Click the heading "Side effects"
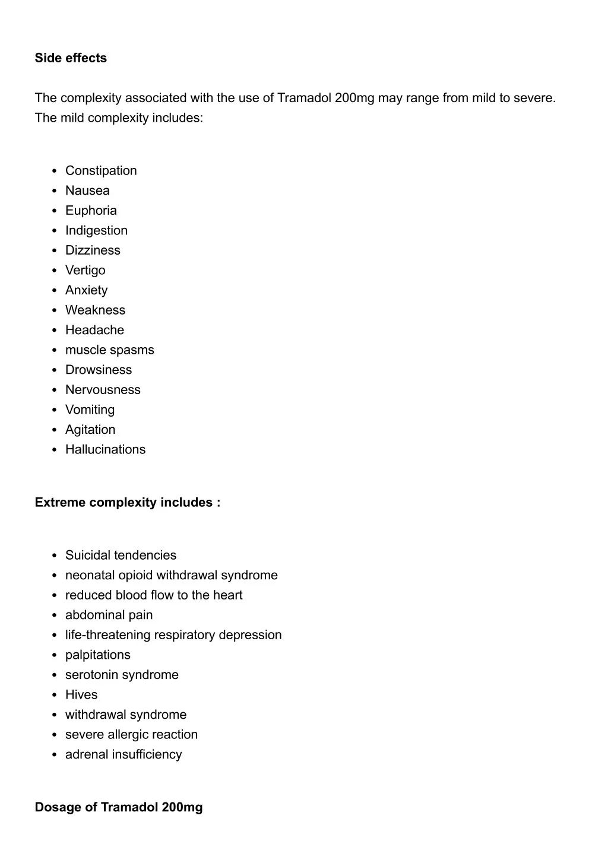click(71, 58)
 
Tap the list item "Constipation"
click(101, 171)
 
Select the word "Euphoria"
click(91, 211)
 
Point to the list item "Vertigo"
click(85, 271)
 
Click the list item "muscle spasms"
click(109, 350)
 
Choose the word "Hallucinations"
click(105, 450)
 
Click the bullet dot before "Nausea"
click(54, 191)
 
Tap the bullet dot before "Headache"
click(54, 331)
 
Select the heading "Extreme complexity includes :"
click(128, 503)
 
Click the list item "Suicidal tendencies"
click(121, 556)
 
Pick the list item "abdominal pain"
click(109, 615)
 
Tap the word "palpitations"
click(97, 655)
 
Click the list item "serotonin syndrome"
click(122, 675)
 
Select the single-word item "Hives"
click(81, 695)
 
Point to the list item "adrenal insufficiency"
click(123, 755)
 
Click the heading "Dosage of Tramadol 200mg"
click(119, 808)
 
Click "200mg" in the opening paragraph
click(354, 98)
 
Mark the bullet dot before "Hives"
click(54, 696)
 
